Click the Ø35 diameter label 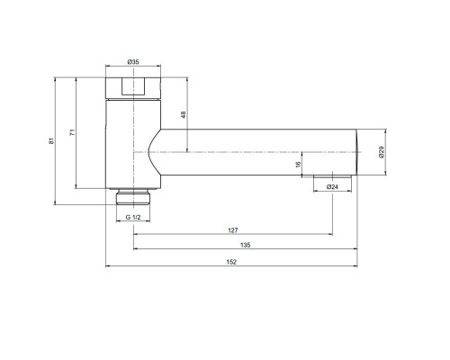(133, 62)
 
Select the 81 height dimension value (51, 140)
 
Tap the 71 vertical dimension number (72, 132)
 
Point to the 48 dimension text (184, 114)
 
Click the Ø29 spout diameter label (382, 152)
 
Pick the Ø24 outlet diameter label (332, 187)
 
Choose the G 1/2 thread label (133, 217)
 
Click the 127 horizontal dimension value (233, 230)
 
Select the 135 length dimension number (245, 245)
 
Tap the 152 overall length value (231, 262)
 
